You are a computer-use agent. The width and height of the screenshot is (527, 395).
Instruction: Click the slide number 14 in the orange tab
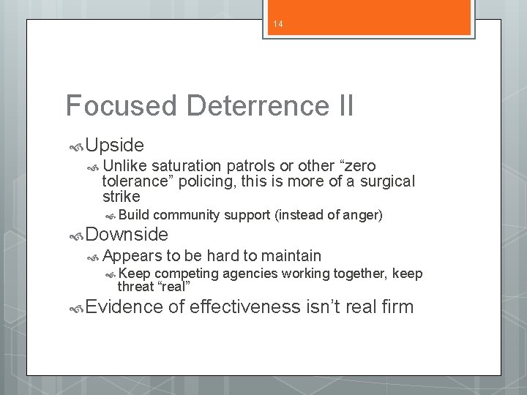coord(278,24)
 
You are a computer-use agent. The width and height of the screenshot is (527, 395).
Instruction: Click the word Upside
coord(115,144)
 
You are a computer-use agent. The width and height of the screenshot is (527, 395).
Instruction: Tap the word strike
coord(121,197)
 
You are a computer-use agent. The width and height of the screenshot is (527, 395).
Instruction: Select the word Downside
coord(127,235)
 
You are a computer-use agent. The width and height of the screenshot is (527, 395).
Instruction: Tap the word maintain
coord(292,255)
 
